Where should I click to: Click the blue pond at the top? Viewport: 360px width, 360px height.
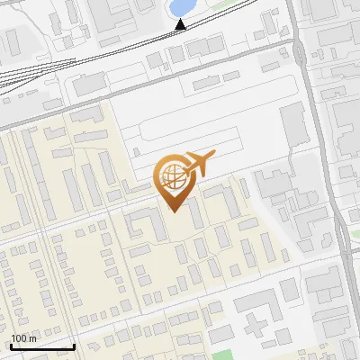(181, 7)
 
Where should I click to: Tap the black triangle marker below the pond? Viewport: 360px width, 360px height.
(181, 23)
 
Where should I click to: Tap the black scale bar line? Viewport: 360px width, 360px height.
(41, 346)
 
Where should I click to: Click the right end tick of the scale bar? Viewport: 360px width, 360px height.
(74, 346)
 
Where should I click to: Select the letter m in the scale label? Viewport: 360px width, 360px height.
(33, 339)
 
